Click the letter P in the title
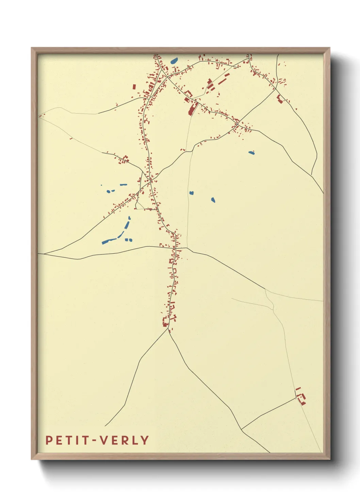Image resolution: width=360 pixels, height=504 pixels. pos(49,440)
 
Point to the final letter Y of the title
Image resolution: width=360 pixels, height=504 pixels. pos(145,440)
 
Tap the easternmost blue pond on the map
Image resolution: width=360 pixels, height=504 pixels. pos(251,153)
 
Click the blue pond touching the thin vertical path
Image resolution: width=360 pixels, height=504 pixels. pos(192,193)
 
